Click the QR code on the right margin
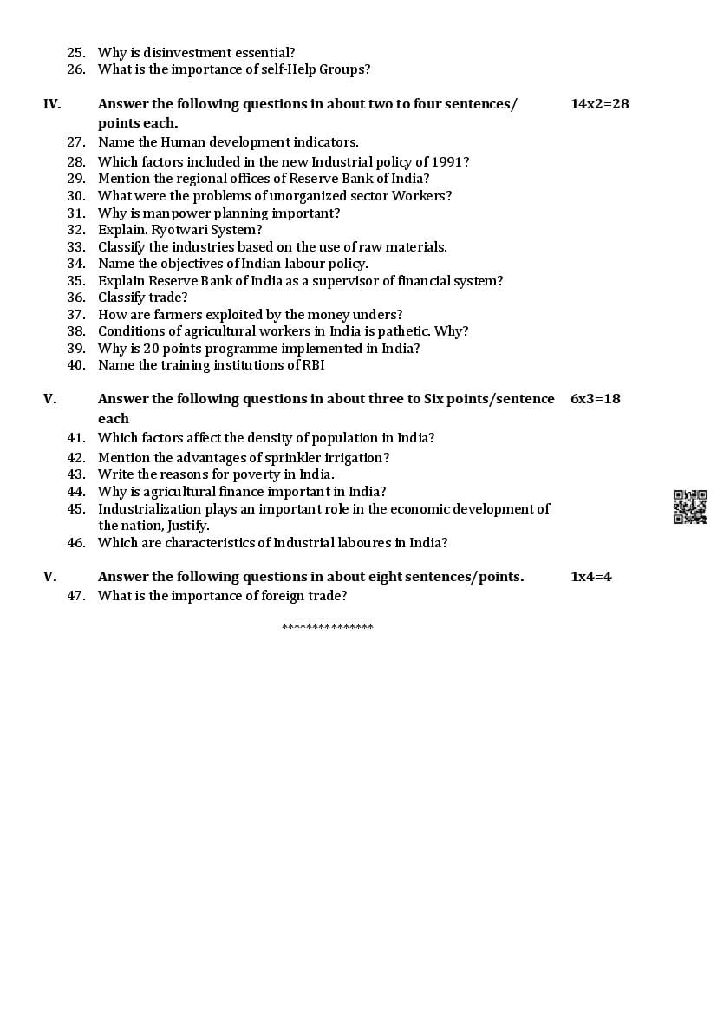tap(690, 507)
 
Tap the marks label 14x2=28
tap(599, 104)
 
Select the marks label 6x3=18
tap(595, 399)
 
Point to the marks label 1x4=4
tap(590, 576)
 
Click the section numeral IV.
tap(52, 104)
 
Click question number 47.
tap(76, 595)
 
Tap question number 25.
tap(76, 53)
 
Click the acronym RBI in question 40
tap(311, 365)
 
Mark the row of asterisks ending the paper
tap(328, 627)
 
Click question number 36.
tap(76, 298)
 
